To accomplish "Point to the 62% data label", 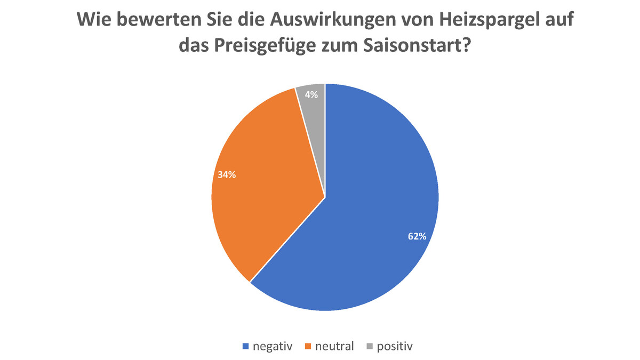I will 417,236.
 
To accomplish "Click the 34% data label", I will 227,174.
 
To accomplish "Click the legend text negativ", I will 273,346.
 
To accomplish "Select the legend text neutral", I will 334,346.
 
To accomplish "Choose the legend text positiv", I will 395,346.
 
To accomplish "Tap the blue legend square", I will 246,347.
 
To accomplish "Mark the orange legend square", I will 308,347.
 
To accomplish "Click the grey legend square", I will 369,347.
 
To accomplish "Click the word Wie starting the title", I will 95,21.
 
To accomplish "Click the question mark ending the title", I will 465,46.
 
